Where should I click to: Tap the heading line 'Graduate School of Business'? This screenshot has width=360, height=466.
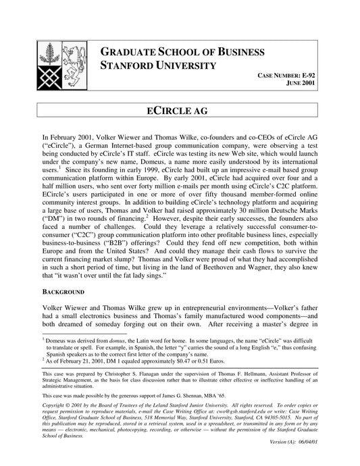178,53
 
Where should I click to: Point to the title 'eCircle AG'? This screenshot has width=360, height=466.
179,110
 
